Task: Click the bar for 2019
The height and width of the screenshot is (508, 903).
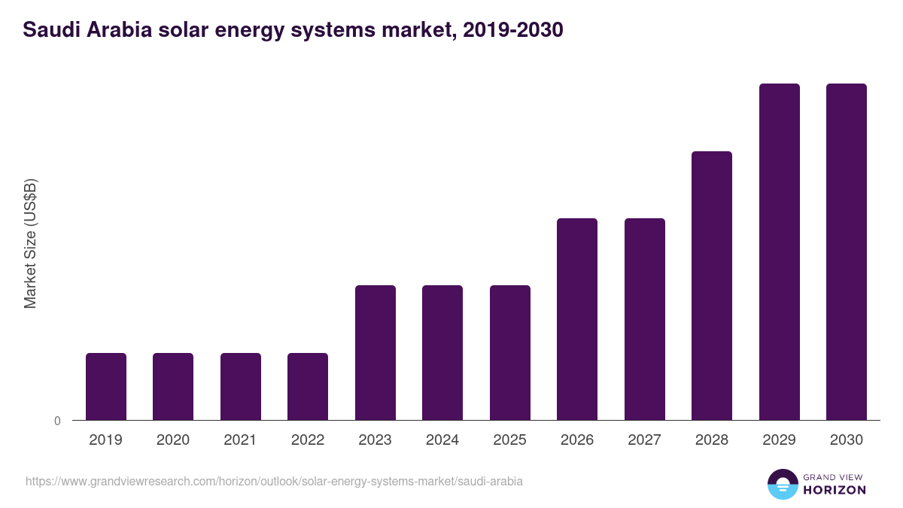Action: tap(106, 386)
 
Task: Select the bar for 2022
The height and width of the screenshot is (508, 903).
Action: tap(308, 386)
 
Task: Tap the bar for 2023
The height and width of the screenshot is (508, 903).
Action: tap(375, 352)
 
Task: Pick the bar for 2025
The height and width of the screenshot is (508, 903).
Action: tap(510, 352)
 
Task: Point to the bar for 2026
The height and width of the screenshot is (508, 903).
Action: tap(577, 319)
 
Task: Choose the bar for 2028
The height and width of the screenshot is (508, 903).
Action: tap(712, 285)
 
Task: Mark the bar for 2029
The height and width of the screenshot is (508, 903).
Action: tap(780, 251)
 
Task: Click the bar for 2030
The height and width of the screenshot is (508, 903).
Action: tap(847, 251)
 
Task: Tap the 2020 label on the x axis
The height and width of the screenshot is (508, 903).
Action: tap(173, 440)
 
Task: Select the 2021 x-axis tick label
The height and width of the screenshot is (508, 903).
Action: tap(241, 440)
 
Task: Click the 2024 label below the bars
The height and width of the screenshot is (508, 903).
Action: tap(442, 440)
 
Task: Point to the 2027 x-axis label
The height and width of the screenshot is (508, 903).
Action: tap(645, 440)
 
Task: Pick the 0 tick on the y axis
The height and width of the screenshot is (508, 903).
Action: tap(57, 421)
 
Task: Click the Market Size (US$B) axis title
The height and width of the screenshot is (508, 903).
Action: tap(30, 244)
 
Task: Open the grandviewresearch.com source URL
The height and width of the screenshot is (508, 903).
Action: tap(274, 481)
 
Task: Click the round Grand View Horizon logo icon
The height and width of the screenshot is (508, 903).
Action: tap(782, 484)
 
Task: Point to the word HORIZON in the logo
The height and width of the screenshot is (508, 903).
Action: tap(834, 490)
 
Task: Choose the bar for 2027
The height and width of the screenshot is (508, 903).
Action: tap(645, 319)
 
